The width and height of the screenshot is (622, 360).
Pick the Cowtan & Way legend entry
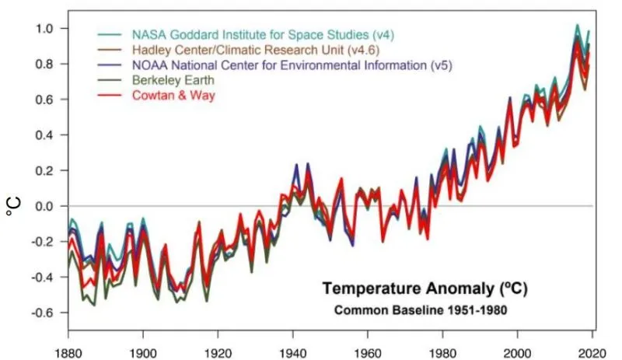172,95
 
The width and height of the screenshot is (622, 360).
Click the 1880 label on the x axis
68,349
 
